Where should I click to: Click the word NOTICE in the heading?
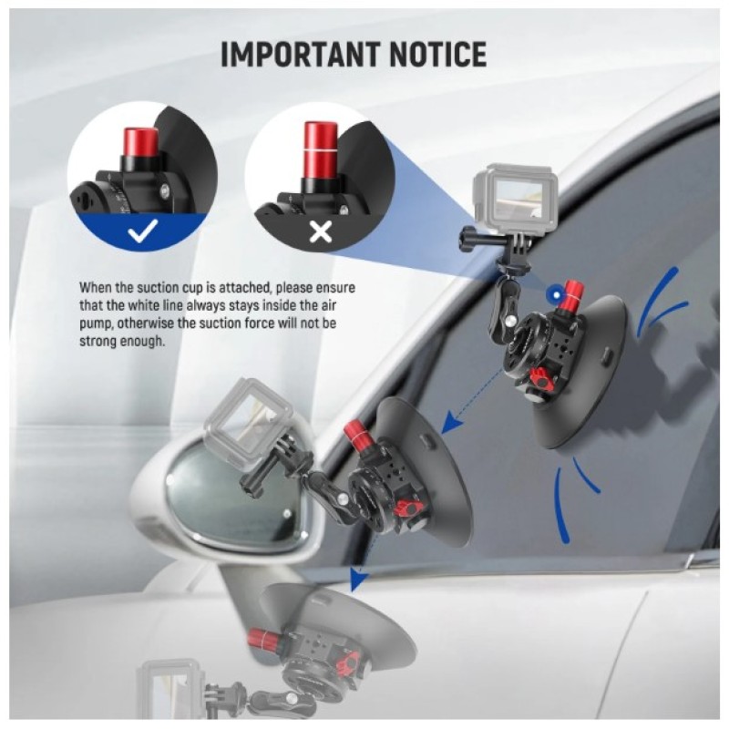(x=438, y=54)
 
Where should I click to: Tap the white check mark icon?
(x=143, y=231)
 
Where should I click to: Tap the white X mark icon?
(x=321, y=231)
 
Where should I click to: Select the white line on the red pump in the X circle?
(x=321, y=151)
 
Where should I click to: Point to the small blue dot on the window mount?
(x=554, y=293)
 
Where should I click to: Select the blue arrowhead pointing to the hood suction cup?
(x=357, y=578)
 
